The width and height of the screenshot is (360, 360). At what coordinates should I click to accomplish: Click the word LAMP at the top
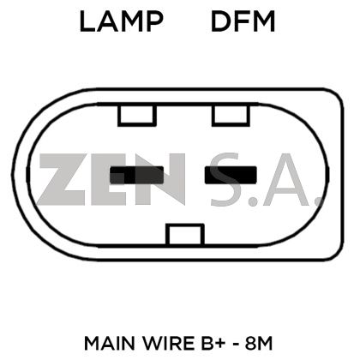[122, 21]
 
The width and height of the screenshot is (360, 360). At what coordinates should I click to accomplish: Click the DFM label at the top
[243, 21]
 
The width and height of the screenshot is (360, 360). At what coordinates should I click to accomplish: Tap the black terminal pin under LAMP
[137, 175]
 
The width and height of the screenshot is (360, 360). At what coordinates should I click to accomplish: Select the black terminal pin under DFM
[231, 175]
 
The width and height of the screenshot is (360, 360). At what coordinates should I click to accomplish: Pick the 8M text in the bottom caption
[259, 344]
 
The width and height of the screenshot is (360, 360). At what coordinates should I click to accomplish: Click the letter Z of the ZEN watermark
[63, 179]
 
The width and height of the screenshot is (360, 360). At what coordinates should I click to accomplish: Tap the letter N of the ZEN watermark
[160, 179]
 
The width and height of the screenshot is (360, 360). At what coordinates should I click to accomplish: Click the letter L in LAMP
[87, 21]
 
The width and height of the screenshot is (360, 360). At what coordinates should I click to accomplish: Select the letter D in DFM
[220, 21]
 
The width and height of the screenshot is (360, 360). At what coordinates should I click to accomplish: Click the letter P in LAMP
[156, 21]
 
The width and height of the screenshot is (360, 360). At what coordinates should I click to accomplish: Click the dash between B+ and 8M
[236, 344]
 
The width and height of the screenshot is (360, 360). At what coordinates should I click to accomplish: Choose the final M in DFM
[264, 21]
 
